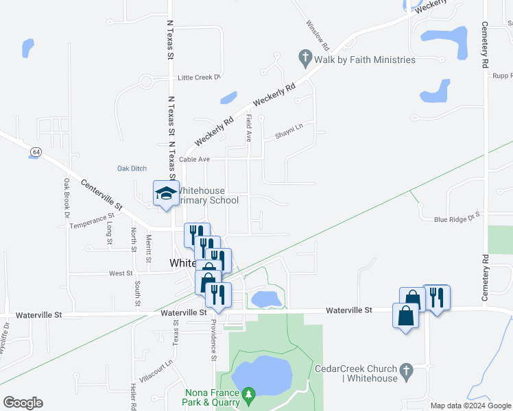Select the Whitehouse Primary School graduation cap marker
pos(165,193)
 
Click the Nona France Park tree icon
pos(250,393)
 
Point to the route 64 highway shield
pos(35,151)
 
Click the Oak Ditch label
pos(132,169)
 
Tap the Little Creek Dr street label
pos(200,78)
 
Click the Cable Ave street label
pos(194,159)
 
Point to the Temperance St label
pos(91,220)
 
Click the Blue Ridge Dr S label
pos(459,219)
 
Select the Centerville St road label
pos(101,195)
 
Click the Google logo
pos(23,403)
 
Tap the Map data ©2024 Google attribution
pos(470,406)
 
